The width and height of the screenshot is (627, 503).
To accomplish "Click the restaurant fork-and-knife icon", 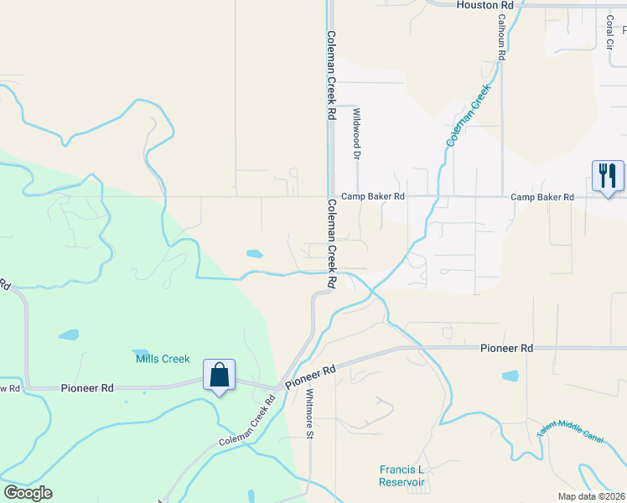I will [608, 176].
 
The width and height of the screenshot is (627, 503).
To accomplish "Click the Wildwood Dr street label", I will [356, 133].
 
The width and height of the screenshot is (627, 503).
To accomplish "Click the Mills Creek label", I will [163, 359].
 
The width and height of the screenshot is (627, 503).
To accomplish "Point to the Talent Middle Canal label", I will [571, 432].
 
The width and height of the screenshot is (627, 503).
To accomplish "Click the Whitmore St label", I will [309, 413].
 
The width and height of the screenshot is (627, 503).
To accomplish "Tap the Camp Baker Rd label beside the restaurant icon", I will [542, 197].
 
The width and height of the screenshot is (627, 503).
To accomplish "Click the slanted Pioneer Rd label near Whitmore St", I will [309, 375].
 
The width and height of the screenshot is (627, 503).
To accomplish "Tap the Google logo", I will [28, 493].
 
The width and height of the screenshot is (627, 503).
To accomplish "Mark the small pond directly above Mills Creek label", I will [140, 352].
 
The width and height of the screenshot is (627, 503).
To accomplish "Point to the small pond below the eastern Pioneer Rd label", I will [510, 376].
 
